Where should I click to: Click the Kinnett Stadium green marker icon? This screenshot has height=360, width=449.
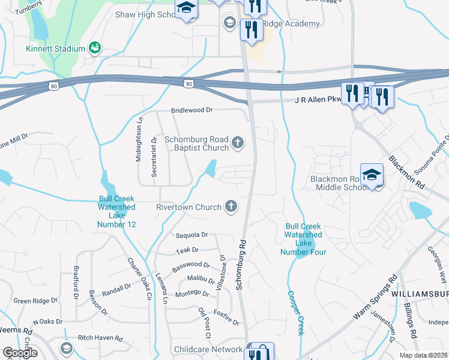click(94, 47)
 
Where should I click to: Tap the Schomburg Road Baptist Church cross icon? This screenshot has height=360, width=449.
click(238, 143)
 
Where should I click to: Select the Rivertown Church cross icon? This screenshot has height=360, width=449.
click(230, 207)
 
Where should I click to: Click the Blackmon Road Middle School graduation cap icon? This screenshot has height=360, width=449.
click(372, 175)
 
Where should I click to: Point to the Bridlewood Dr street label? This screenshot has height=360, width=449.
click(192, 110)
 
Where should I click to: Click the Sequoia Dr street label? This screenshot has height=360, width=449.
click(191, 235)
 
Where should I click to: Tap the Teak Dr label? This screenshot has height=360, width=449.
click(187, 250)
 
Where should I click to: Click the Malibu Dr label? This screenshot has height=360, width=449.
click(200, 279)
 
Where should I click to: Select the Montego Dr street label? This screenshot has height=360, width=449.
click(191, 294)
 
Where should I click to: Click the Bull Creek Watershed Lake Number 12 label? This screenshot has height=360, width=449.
click(117, 212)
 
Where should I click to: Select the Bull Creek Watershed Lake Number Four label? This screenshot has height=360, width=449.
click(303, 239)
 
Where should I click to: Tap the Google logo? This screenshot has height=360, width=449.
click(19, 353)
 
